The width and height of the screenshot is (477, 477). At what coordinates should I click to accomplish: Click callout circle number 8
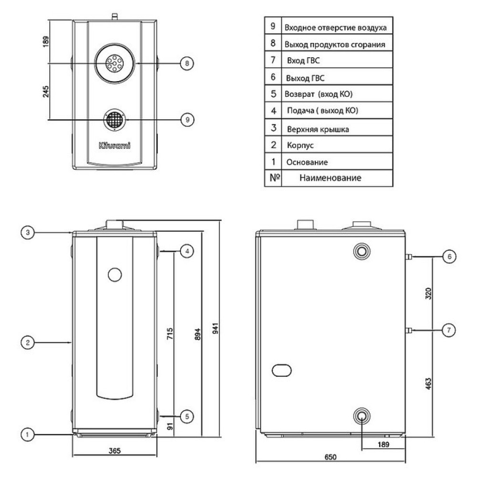(x=187, y=63)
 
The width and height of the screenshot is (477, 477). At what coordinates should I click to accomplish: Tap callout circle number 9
(x=187, y=119)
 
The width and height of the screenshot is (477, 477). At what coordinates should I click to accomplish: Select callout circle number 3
(x=28, y=232)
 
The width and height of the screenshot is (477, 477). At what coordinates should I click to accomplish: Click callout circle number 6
(x=448, y=257)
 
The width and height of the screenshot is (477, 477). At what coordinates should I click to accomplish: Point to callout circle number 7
(x=448, y=329)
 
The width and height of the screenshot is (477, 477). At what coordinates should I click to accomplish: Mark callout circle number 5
(x=187, y=416)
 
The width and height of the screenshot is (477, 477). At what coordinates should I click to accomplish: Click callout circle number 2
(x=28, y=342)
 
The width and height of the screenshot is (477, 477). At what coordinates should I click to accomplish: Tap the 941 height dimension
(x=215, y=329)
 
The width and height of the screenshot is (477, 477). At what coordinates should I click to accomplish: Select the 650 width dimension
(x=331, y=457)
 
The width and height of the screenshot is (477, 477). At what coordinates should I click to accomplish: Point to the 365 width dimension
(x=114, y=450)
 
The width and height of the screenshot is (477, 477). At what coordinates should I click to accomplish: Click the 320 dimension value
(x=428, y=293)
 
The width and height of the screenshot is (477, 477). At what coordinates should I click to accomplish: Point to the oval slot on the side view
(x=282, y=370)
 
